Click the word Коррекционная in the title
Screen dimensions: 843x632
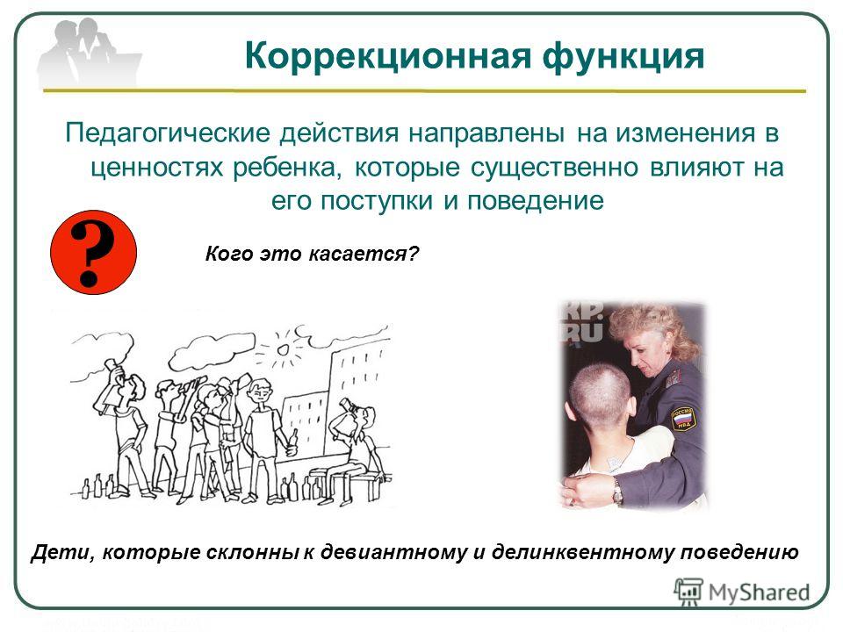(x=387, y=57)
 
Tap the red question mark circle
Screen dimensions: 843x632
(x=93, y=252)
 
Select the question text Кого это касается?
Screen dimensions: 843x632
(x=312, y=253)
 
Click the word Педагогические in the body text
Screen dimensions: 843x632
(x=167, y=133)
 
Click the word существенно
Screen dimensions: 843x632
(x=554, y=168)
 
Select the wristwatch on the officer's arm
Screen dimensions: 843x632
(x=617, y=491)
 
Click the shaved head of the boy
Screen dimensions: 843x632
(x=601, y=396)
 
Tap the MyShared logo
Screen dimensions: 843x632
(x=741, y=592)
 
